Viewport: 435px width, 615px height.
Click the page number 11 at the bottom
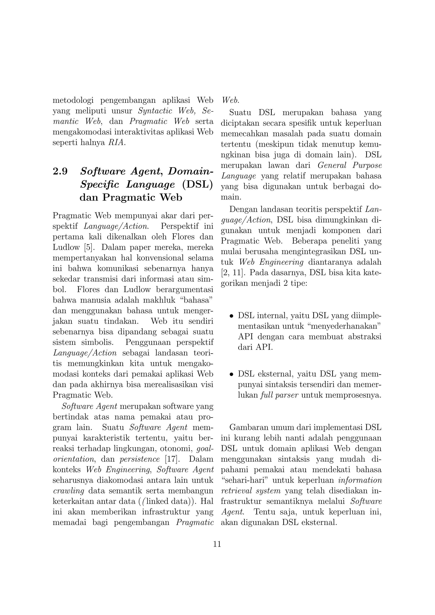[x=217, y=544]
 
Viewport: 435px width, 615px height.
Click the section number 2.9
[x=60, y=171]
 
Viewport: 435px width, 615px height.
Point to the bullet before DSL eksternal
[x=231, y=374]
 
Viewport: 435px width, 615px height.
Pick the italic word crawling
[x=68, y=491]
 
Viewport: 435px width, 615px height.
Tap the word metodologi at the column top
[x=73, y=100]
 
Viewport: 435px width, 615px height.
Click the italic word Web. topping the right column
[x=230, y=100]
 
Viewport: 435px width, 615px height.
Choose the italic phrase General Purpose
[x=350, y=165]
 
